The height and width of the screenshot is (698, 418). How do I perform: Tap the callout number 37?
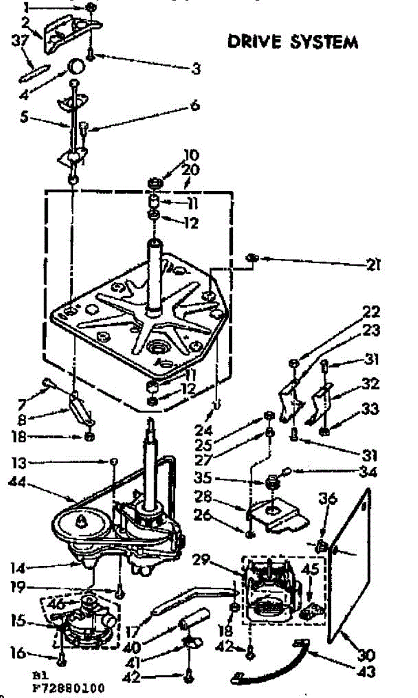18,40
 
